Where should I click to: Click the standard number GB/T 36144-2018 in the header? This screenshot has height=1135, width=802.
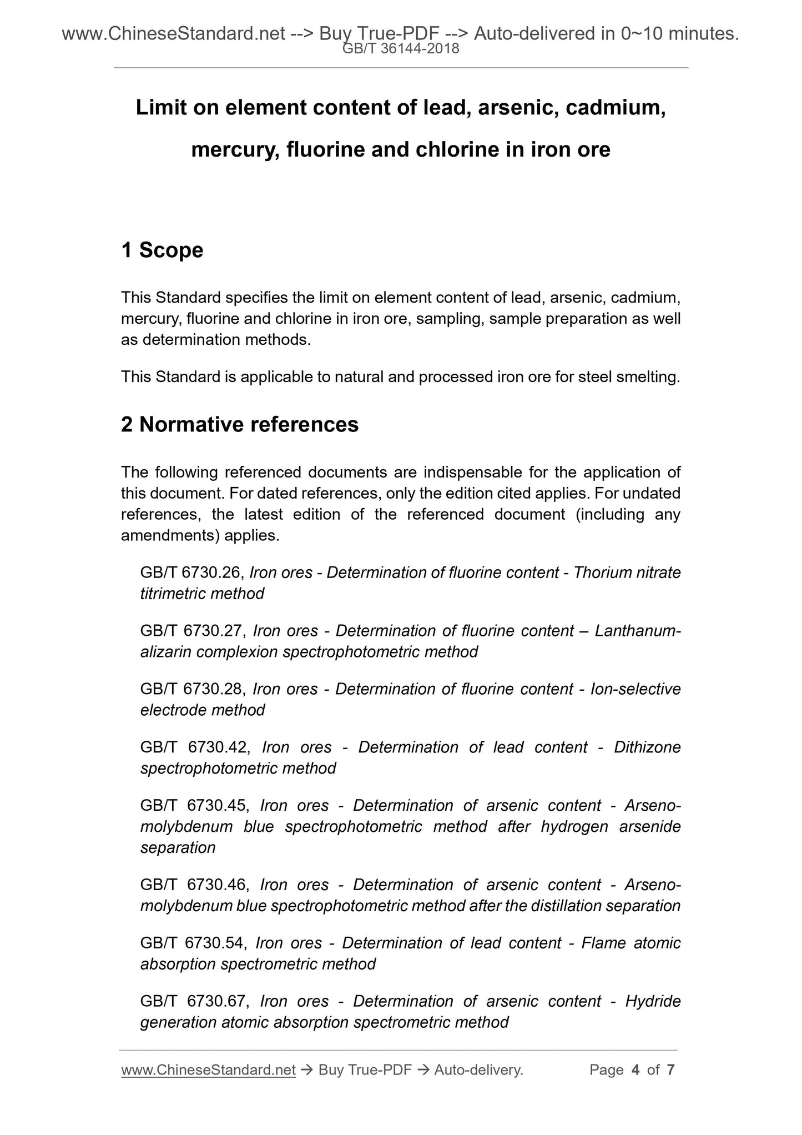tap(401, 49)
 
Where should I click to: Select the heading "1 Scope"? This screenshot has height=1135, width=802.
tap(162, 250)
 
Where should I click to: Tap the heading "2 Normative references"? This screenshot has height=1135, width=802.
tap(240, 424)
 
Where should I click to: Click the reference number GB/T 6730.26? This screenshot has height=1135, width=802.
tap(191, 572)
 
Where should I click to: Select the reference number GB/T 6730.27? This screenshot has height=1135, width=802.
tap(192, 631)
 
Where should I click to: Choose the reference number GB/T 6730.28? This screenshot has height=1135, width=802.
tap(192, 689)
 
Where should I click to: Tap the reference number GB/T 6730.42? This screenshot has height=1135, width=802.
tap(195, 747)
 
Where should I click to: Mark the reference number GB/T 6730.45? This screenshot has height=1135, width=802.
tap(194, 806)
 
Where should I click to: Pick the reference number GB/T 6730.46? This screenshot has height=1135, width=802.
tap(194, 885)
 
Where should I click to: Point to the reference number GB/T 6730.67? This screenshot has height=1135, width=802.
tap(194, 1002)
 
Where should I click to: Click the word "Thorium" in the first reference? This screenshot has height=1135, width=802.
tap(602, 572)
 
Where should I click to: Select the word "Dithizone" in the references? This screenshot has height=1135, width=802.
tap(647, 747)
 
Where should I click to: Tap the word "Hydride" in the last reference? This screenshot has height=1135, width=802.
tap(653, 1002)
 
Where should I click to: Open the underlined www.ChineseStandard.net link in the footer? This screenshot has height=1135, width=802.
tap(208, 1070)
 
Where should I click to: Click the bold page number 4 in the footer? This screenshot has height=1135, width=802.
tap(635, 1070)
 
